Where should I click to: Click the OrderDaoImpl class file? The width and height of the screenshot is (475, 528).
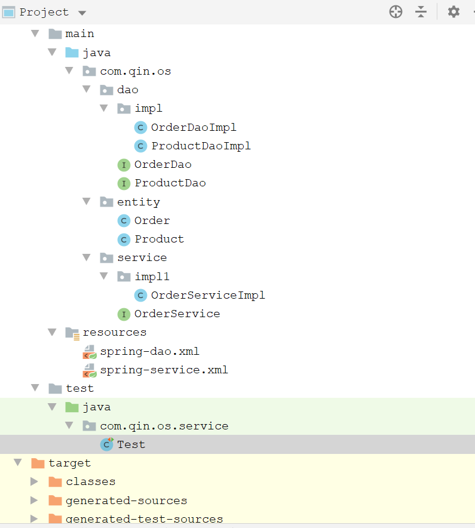194,127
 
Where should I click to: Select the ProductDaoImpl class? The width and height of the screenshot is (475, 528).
201,146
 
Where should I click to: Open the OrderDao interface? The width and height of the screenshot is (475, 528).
163,164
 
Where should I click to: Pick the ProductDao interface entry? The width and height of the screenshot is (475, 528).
170,183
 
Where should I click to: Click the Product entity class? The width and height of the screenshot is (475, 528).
159,239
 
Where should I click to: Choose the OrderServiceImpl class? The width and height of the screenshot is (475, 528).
208,295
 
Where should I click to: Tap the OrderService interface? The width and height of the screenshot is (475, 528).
177,314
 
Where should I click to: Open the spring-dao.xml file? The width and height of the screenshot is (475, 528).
149,351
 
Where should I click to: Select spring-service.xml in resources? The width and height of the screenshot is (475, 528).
164,370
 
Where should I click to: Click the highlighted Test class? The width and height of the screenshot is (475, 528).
131,444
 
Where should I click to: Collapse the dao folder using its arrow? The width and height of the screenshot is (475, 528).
87,90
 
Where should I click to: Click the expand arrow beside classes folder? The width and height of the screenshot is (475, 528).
35,481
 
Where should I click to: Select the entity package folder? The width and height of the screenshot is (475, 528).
138,202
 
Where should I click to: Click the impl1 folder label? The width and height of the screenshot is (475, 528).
152,277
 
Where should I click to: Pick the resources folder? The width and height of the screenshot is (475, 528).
114,332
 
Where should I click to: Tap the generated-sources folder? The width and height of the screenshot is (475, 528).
126,501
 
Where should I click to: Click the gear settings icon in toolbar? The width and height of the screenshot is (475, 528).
453,12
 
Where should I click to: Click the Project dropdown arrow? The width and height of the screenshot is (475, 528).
82,13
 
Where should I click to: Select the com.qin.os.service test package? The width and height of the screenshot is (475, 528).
155,426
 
